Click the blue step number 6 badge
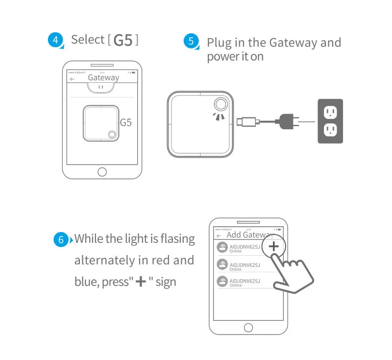click(61, 240)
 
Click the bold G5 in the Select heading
click(123, 40)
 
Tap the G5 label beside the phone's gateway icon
click(126, 123)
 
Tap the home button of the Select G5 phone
click(102, 171)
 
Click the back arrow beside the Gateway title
click(73, 79)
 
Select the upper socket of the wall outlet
click(330, 113)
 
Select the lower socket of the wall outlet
click(330, 130)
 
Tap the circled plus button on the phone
click(274, 246)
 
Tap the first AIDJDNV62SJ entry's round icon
click(222, 247)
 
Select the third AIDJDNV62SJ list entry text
click(245, 281)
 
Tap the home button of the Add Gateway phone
click(248, 327)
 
